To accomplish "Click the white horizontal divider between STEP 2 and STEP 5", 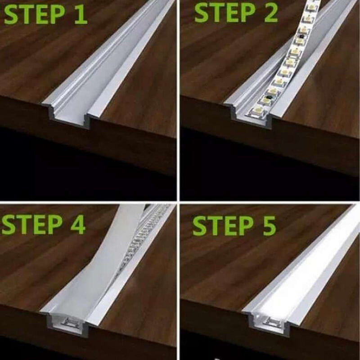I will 270,202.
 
